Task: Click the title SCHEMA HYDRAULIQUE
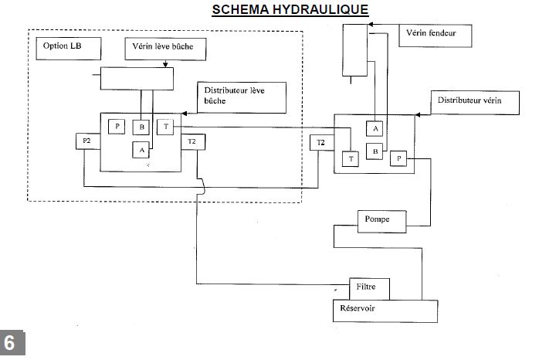tap(291, 9)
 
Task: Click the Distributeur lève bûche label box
tap(241, 97)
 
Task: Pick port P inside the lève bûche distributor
tap(117, 127)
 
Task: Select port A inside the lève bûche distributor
tap(142, 150)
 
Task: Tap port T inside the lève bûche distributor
tap(166, 127)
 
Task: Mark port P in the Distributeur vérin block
tap(399, 158)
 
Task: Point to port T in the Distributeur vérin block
tap(352, 158)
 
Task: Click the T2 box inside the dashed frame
tap(192, 141)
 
